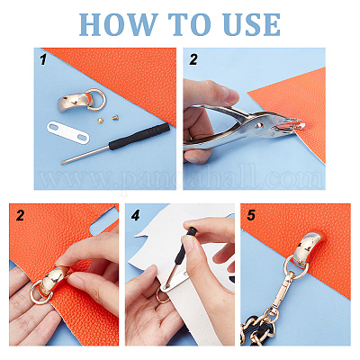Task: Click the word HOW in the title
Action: coord(119,24)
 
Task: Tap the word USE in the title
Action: coord(252,24)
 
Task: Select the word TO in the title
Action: coord(190,24)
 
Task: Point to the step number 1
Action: coord(44,59)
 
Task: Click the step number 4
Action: coord(136,215)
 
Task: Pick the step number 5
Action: coord(251,215)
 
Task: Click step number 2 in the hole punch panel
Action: coord(193,59)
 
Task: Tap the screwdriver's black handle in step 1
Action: coord(139,136)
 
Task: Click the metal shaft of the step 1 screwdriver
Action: coord(85,155)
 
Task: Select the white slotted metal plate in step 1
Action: coord(68,132)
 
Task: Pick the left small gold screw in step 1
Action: coord(100,120)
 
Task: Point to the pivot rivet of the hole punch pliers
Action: coord(258,125)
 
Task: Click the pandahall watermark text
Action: coord(182,178)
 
